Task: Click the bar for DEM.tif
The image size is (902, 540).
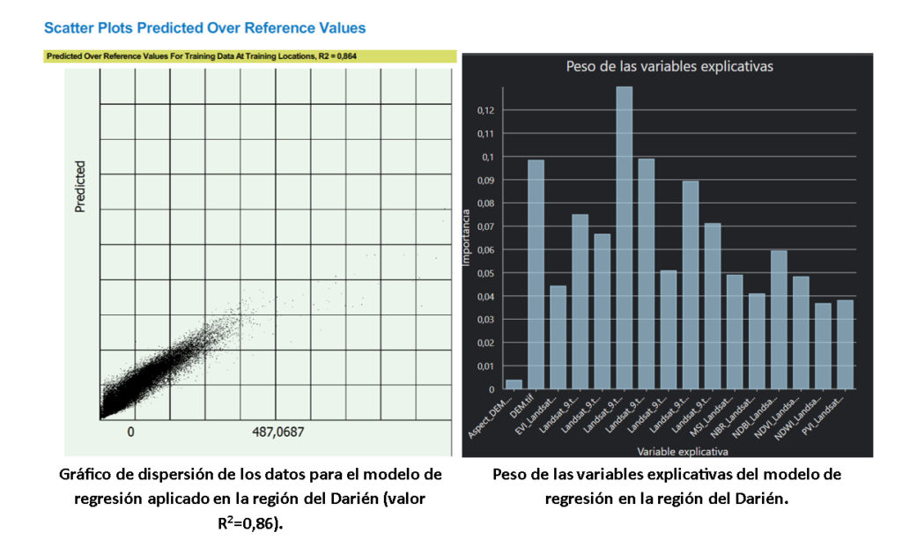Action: pyautogui.click(x=536, y=274)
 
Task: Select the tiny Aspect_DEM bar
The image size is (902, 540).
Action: pyautogui.click(x=514, y=384)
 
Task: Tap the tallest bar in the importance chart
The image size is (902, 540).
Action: pyautogui.click(x=624, y=238)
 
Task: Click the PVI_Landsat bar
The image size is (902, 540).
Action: pyautogui.click(x=844, y=344)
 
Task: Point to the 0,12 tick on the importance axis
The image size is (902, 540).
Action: pyautogui.click(x=484, y=110)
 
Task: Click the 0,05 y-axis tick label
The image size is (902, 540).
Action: pyautogui.click(x=484, y=273)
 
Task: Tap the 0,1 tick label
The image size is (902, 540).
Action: pyautogui.click(x=487, y=157)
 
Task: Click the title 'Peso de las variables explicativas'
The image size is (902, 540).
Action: pyautogui.click(x=668, y=67)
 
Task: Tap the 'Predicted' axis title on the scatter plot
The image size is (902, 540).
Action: pyautogui.click(x=80, y=186)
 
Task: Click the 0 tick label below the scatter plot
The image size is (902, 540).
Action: pyautogui.click(x=130, y=432)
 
